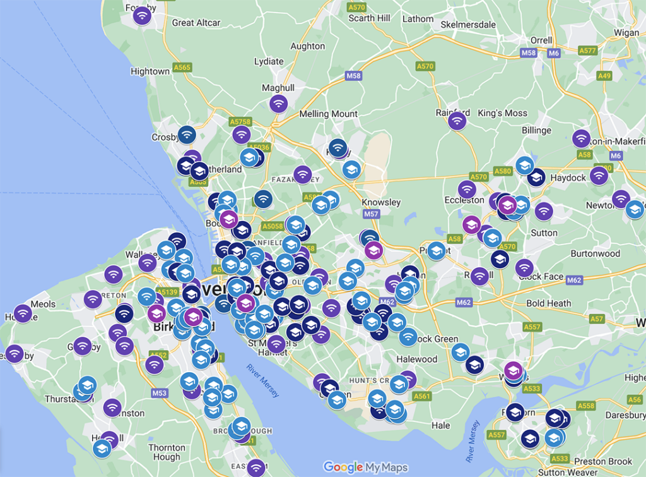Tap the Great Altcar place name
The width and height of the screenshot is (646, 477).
[x=196, y=23]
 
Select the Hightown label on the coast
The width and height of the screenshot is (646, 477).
[x=150, y=71]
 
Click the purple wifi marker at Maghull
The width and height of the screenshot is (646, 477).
[x=278, y=103]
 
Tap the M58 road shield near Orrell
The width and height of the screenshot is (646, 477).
[x=529, y=53]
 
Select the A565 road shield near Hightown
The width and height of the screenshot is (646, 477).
[x=182, y=67]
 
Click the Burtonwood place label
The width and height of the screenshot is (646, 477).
[x=595, y=253]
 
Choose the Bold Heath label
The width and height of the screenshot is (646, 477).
[x=548, y=303]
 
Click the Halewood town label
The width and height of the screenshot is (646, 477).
[x=416, y=359]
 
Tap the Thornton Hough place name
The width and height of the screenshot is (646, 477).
[x=167, y=452]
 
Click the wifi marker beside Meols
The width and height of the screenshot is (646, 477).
[x=23, y=313]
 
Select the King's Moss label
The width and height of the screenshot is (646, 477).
[x=502, y=113]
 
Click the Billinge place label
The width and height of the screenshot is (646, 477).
[x=536, y=130]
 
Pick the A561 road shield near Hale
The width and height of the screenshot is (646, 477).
[x=421, y=397]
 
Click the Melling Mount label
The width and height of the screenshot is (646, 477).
[x=329, y=114]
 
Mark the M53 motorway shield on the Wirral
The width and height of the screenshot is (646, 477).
[x=160, y=393]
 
